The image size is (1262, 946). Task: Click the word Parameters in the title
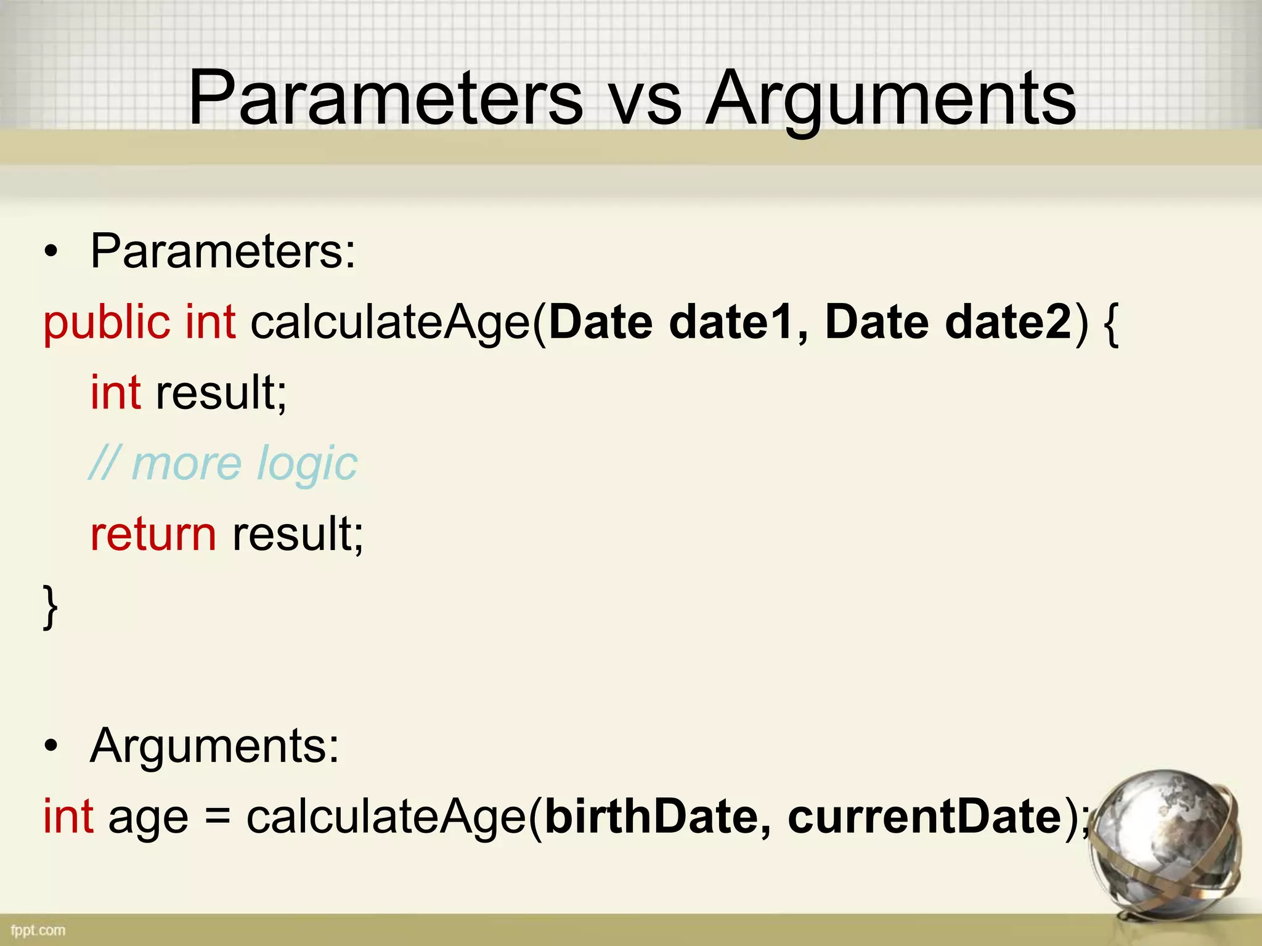point(385,99)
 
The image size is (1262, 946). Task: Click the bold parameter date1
point(731,323)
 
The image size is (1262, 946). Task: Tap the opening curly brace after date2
point(1111,325)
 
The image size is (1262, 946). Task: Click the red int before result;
point(115,393)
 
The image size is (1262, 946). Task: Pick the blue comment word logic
point(307,465)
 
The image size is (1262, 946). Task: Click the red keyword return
point(153,535)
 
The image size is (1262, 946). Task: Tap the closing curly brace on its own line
point(51,607)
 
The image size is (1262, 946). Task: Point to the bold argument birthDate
point(651,817)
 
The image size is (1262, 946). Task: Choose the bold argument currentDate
point(924,817)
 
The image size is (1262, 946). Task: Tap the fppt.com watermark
point(38,930)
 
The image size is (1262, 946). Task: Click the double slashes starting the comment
point(103,463)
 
